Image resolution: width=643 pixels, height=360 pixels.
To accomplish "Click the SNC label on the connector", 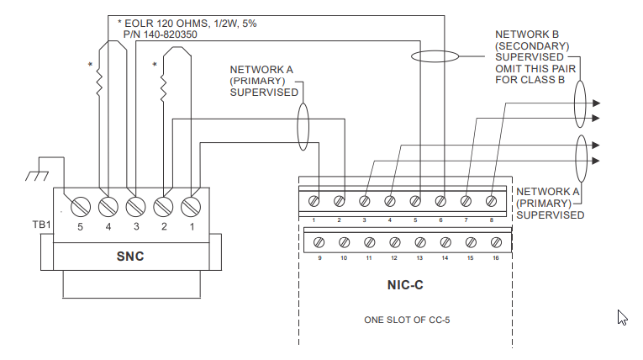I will (130, 257).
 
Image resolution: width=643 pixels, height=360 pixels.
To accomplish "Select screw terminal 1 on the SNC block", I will (190, 205).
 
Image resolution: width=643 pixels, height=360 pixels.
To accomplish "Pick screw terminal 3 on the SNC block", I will (134, 205).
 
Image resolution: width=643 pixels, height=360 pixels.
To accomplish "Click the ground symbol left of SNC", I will (35, 174).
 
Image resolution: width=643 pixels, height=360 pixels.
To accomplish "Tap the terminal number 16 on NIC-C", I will (496, 259).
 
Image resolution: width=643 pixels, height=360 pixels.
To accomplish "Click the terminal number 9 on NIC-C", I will (320, 259).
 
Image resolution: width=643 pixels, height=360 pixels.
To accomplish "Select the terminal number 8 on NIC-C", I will (491, 220).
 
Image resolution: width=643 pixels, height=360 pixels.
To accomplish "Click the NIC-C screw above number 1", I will (314, 202).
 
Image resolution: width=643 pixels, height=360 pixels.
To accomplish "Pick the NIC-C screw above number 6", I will (440, 202).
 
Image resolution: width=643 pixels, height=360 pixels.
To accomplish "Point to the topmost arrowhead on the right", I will (596, 103).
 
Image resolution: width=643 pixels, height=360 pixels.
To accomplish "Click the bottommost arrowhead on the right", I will (596, 160).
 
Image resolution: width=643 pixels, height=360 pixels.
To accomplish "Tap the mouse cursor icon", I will (623, 318).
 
